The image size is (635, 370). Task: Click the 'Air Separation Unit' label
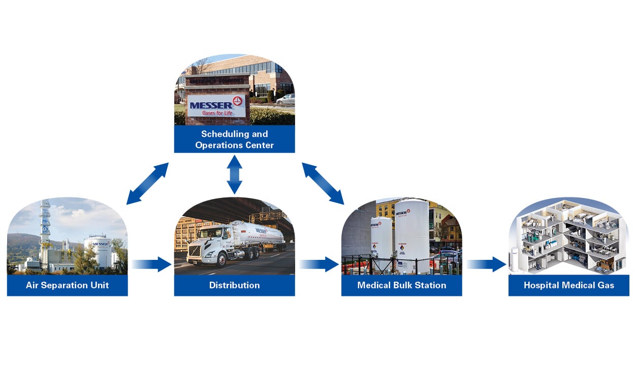(67, 285)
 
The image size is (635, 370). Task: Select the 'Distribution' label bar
(234, 285)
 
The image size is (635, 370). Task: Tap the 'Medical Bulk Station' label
(401, 285)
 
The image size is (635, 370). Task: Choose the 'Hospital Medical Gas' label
(568, 285)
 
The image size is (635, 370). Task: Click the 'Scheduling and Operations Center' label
(234, 140)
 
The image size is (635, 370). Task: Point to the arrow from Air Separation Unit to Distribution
(152, 264)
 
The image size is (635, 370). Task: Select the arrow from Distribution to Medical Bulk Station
(319, 264)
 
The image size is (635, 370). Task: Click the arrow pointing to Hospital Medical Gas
(486, 264)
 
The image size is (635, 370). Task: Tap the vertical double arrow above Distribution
(234, 175)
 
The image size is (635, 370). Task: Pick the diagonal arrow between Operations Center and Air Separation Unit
(147, 183)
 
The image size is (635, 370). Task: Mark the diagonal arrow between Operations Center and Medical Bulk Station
(323, 183)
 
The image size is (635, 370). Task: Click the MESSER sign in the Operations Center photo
(216, 106)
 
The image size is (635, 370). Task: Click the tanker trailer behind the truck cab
(257, 234)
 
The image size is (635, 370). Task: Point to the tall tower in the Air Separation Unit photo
(46, 223)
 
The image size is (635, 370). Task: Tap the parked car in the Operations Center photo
(285, 99)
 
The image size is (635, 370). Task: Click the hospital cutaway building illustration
(568, 236)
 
